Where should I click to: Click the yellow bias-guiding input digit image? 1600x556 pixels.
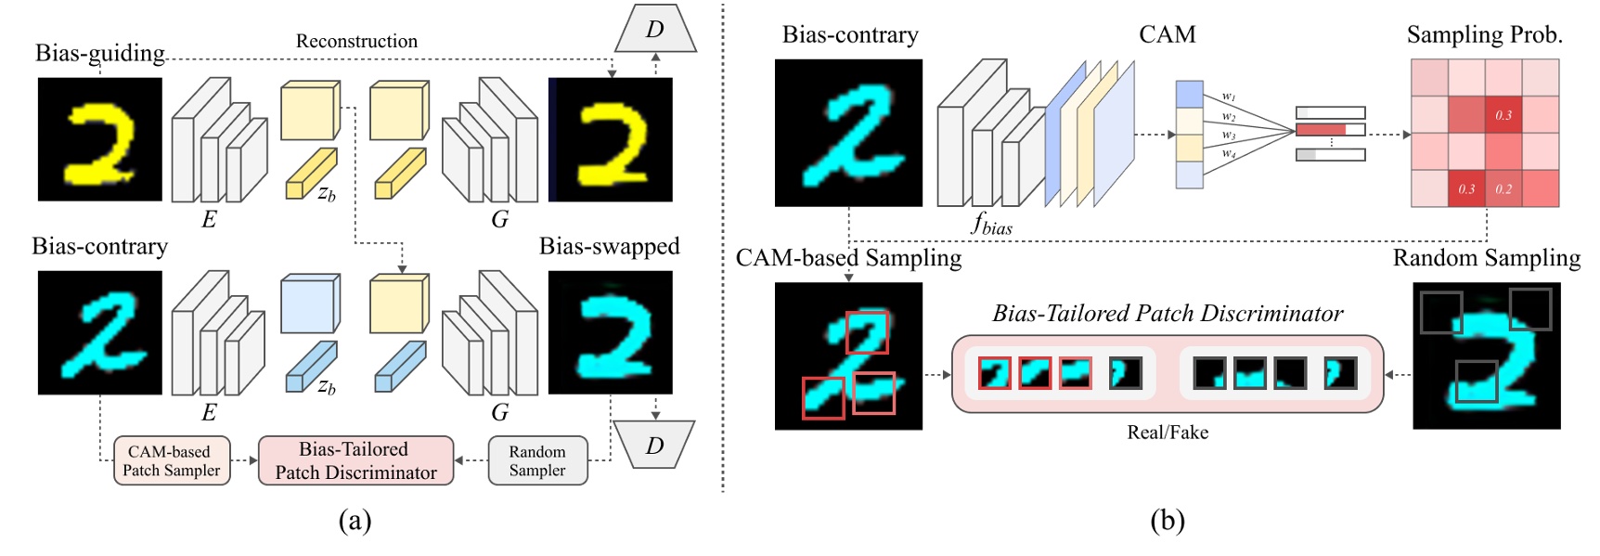click(99, 139)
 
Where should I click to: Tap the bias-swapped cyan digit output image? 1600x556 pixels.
click(610, 332)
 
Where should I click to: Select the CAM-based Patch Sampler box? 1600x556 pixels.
click(172, 460)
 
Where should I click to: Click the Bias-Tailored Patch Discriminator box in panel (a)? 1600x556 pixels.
click(355, 460)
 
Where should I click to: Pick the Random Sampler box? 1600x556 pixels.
click(537, 460)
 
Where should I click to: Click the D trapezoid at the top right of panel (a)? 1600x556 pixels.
click(655, 30)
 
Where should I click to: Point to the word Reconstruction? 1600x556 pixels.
click(356, 41)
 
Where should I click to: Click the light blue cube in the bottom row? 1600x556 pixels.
click(310, 304)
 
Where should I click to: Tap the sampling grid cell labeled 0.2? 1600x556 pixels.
click(1503, 188)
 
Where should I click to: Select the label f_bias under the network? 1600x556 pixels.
click(991, 224)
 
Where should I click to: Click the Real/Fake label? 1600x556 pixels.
click(1167, 432)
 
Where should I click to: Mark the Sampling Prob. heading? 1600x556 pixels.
click(1484, 35)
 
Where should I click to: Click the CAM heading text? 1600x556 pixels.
click(1167, 34)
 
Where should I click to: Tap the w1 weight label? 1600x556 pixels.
click(1228, 97)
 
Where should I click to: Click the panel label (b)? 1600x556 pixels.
click(1167, 521)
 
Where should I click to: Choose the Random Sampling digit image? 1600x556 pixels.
click(1486, 356)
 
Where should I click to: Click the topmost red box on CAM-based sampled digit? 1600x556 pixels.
click(867, 332)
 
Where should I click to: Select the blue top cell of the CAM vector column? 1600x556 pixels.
click(1189, 95)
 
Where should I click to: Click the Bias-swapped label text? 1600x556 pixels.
click(609, 246)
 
